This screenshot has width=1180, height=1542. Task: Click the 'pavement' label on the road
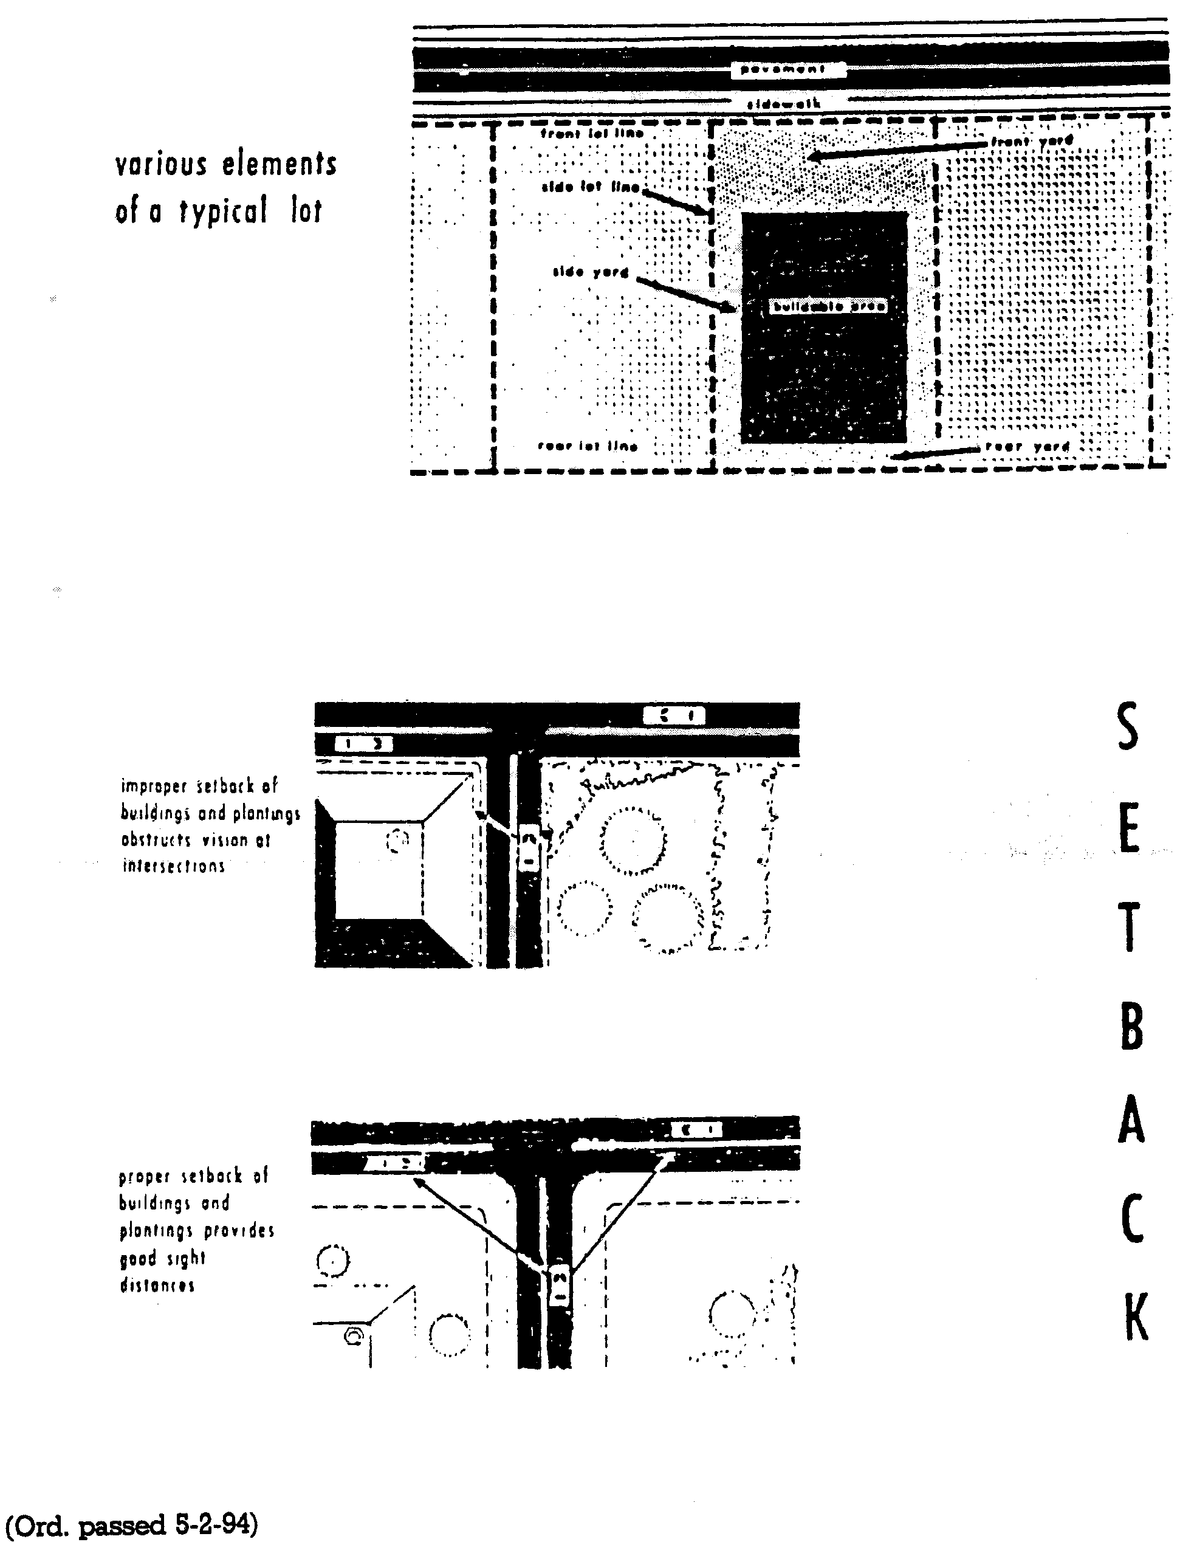point(787,69)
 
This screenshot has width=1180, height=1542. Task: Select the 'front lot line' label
point(591,133)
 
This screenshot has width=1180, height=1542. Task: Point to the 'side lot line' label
point(591,187)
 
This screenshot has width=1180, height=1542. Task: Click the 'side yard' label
point(591,272)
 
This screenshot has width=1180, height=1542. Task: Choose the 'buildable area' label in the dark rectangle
point(828,306)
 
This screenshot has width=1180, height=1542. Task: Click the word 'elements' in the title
point(280,164)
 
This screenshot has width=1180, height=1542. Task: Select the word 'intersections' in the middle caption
point(174,866)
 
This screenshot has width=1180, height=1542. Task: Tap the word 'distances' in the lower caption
point(157,1285)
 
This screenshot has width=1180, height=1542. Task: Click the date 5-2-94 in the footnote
point(212,1524)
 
